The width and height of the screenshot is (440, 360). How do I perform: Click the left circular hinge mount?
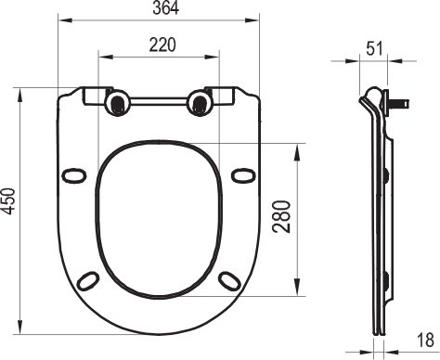click(x=118, y=102)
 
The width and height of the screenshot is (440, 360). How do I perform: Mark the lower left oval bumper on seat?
click(x=89, y=278)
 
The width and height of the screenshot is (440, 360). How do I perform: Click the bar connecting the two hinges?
click(x=157, y=99)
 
